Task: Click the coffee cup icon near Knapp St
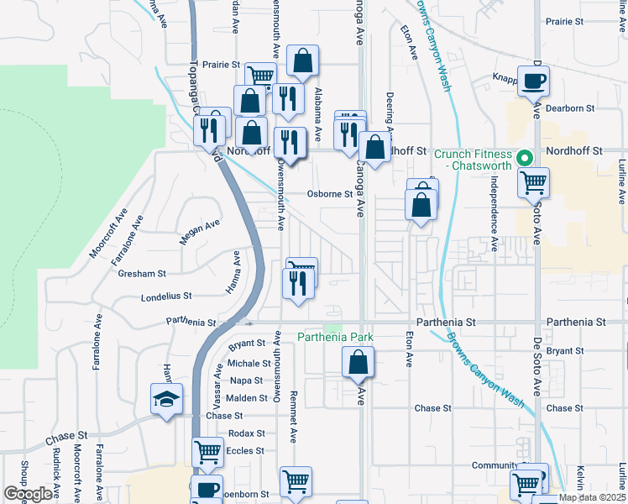[x=533, y=81]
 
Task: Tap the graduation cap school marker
[x=166, y=398]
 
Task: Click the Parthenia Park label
[x=335, y=338]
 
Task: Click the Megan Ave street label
[x=200, y=233]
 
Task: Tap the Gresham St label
[x=142, y=273]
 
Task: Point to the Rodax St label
[x=246, y=433]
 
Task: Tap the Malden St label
[x=246, y=397]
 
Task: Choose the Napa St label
[x=247, y=381]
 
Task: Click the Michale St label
[x=249, y=363]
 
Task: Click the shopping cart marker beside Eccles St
[x=207, y=452]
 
